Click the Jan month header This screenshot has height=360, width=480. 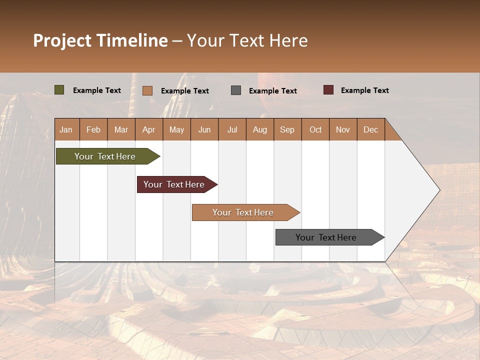(x=66, y=129)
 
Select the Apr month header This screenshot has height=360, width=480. (x=148, y=129)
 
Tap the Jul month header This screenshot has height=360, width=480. (x=232, y=129)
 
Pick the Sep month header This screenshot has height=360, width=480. (x=287, y=129)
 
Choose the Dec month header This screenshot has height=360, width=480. (x=370, y=129)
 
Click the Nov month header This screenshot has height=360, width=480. (x=342, y=129)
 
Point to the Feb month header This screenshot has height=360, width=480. (x=93, y=129)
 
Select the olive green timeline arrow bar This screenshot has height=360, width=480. (x=105, y=156)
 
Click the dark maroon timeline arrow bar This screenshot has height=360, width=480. (x=174, y=184)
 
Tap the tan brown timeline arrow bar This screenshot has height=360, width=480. (x=243, y=212)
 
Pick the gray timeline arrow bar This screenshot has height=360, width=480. (x=326, y=237)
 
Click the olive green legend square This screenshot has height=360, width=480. (x=59, y=90)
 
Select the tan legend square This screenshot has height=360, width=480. (x=147, y=90)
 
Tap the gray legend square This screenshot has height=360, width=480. (x=236, y=90)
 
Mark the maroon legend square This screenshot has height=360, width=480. (x=328, y=90)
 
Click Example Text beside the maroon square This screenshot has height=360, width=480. (x=364, y=90)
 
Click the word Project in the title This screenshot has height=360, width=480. (x=62, y=40)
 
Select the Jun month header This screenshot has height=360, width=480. (x=204, y=129)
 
